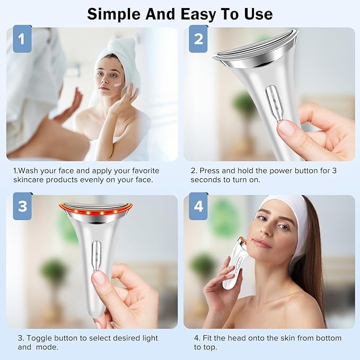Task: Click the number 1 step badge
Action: coord(22,38)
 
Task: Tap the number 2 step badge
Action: coord(198,38)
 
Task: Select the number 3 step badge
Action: coord(22,206)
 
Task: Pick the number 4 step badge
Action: coord(198,206)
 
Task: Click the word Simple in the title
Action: coord(115,13)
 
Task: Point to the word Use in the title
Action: coord(258,13)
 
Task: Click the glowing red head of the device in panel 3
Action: coord(95,211)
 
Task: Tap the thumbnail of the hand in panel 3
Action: coord(99,277)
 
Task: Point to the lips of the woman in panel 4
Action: coord(261,242)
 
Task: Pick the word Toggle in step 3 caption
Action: coord(39,338)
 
